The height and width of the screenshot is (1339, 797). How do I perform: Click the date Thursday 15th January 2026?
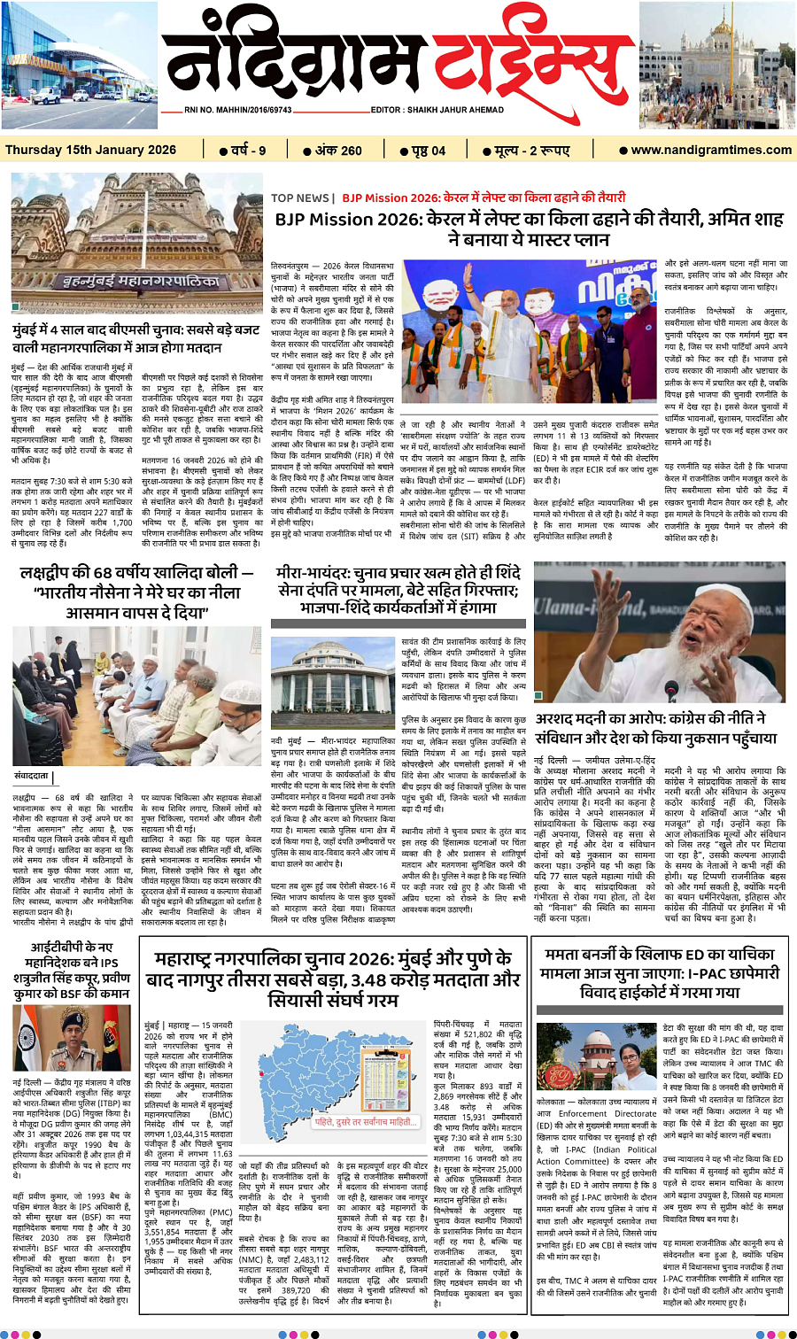pyautogui.click(x=90, y=150)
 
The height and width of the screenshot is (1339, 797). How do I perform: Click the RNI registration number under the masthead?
pyautogui.click(x=238, y=110)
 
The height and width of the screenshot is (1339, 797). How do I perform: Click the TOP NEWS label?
pyautogui.click(x=301, y=197)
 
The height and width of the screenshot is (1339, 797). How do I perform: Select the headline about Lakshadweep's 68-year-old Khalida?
pyautogui.click(x=137, y=592)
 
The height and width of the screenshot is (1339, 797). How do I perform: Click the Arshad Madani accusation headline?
pyautogui.click(x=655, y=728)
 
